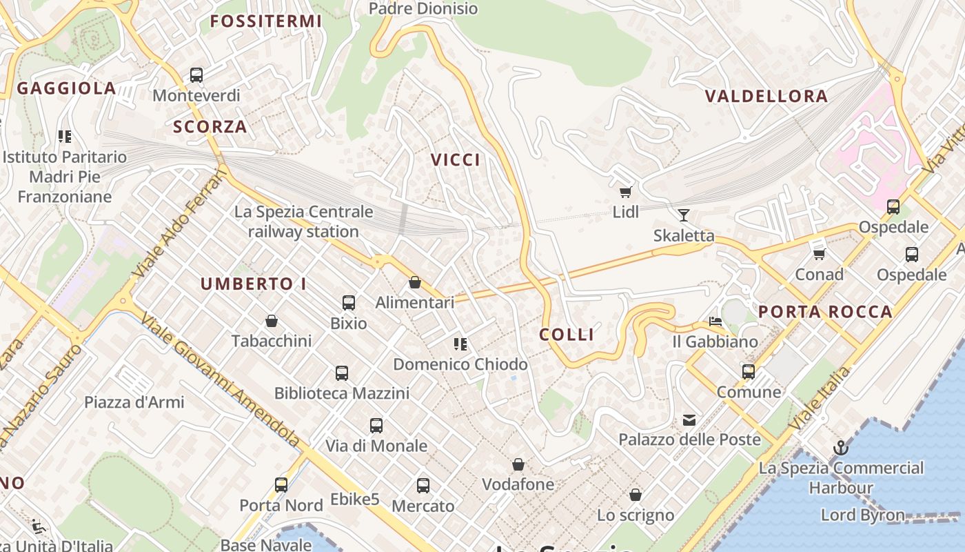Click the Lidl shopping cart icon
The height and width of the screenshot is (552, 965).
point(625,193)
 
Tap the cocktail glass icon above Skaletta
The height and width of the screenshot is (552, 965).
point(683,215)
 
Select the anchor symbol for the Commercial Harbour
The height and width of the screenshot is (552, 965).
point(840,448)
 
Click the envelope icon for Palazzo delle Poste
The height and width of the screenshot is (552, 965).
point(689,420)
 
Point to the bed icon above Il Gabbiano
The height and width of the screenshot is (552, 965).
point(715,322)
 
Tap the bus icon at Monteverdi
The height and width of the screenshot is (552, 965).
point(196,75)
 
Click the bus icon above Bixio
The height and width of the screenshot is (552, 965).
point(349,302)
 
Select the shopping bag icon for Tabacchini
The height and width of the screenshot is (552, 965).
point(272,321)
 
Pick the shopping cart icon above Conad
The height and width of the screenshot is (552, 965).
point(819,255)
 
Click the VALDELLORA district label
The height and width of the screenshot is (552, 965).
point(766,96)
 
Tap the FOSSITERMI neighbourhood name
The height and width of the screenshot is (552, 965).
point(266,21)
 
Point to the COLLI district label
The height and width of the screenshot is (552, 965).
point(567,335)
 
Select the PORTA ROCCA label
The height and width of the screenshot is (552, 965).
point(825,312)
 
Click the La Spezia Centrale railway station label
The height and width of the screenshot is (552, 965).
point(303,221)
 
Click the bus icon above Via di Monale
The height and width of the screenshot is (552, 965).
point(376,426)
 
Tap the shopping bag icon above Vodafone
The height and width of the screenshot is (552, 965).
point(518,464)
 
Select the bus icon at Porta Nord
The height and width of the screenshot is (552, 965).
point(281,485)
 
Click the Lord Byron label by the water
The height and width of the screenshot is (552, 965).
point(862,515)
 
